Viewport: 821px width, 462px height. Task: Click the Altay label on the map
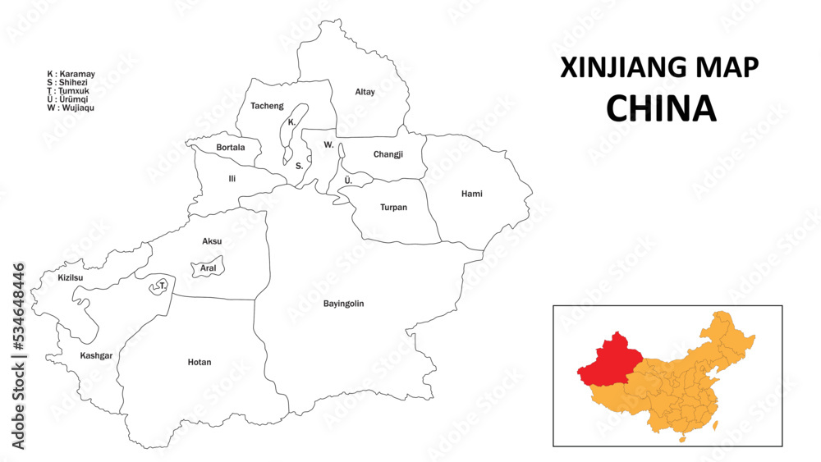point(365,92)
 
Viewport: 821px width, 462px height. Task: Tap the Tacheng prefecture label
point(267,106)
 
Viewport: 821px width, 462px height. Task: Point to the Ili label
point(232,178)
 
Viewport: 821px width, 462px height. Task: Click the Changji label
point(388,154)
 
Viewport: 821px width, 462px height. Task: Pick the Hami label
point(471,194)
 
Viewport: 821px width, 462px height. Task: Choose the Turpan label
point(393,208)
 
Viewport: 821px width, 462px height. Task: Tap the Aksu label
point(212,241)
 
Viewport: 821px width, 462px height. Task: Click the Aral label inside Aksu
point(208,268)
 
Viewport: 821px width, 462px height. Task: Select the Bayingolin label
point(343,304)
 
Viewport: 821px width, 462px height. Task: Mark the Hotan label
point(199,362)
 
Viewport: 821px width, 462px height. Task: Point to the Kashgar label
point(96,355)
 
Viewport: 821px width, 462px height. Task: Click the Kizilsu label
point(71,277)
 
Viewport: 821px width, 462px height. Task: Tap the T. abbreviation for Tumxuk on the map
point(163,286)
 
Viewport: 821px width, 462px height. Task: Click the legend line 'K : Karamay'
point(71,74)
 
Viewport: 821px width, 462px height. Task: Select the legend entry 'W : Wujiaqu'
point(71,107)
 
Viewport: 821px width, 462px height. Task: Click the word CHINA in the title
point(660,108)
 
